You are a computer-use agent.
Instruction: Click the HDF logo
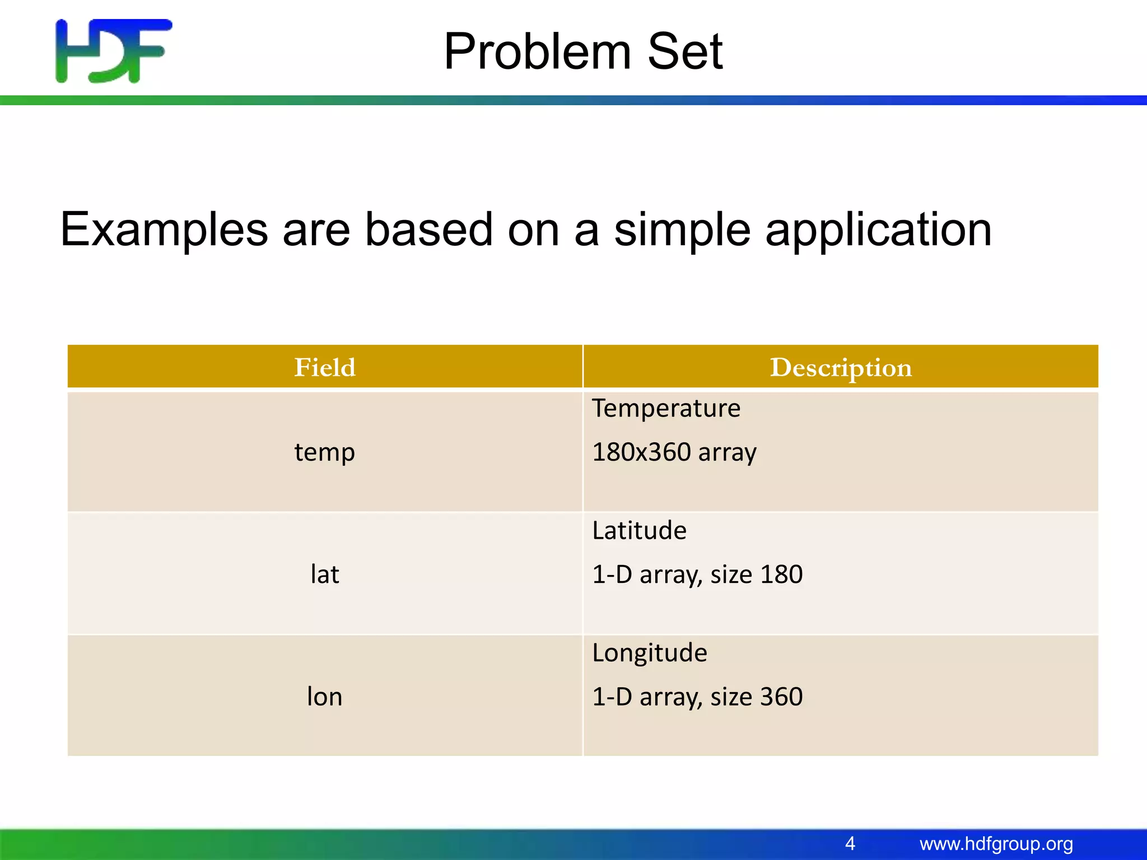tap(114, 51)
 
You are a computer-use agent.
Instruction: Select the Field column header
tap(325, 367)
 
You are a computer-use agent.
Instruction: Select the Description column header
tap(841, 367)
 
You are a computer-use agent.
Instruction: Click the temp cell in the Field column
tap(325, 452)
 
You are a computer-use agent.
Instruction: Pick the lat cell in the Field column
tap(325, 574)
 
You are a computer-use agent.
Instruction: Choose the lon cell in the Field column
tap(325, 697)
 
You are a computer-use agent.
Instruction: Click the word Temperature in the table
tap(666, 408)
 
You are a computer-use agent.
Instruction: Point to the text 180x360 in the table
tap(641, 452)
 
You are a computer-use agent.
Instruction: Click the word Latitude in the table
tap(639, 530)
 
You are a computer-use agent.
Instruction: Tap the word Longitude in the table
tap(650, 653)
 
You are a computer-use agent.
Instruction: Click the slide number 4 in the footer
tap(850, 843)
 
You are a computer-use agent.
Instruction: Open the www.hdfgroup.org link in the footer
tap(996, 844)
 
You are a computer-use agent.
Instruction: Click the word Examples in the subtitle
tap(164, 230)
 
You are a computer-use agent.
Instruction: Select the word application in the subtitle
tap(878, 231)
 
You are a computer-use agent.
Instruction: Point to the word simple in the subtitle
tap(682, 231)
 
